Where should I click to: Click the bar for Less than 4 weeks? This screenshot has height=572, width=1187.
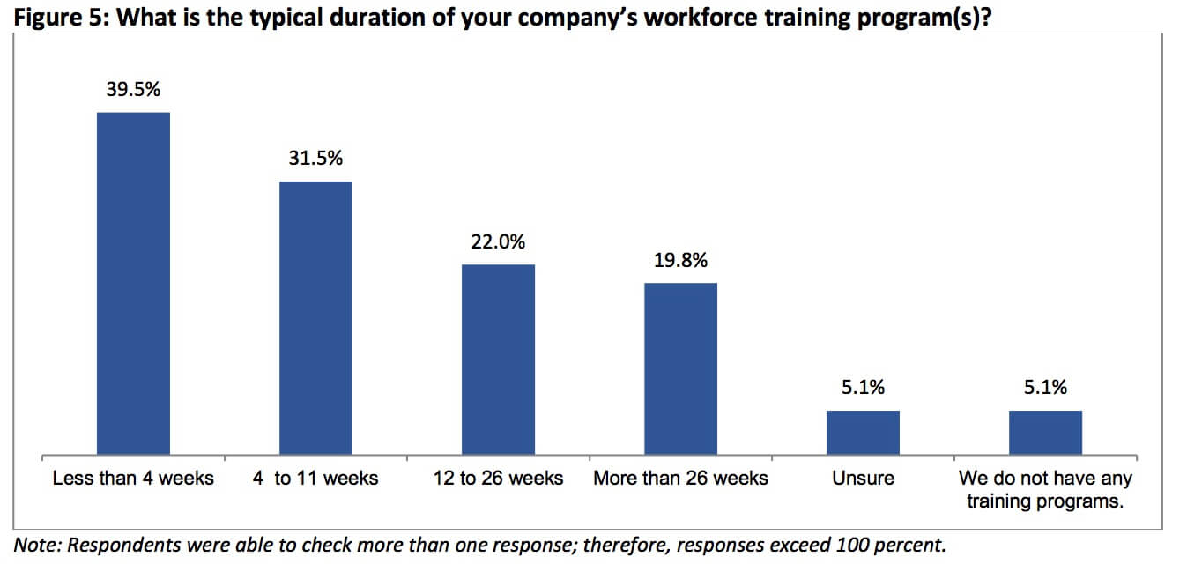133,284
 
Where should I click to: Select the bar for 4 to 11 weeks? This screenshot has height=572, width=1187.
315,318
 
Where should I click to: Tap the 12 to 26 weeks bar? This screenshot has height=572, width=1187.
498,360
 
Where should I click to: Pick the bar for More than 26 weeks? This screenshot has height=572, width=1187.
681,369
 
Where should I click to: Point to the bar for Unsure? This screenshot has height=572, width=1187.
864,433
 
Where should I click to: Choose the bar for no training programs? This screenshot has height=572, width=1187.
1045,433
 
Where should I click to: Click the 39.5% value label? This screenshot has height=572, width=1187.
133,89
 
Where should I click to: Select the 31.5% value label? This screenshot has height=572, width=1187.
315,158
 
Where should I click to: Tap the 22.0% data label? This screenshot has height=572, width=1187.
498,241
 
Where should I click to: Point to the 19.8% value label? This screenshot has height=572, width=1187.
681,260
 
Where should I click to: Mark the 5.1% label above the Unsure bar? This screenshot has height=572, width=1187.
864,387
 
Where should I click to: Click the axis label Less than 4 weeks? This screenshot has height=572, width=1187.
133,479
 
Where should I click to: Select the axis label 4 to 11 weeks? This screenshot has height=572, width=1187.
315,479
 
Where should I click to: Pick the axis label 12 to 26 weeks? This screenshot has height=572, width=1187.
498,479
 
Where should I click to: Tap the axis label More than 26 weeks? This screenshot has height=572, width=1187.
681,479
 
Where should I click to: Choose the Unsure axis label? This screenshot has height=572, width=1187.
864,479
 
